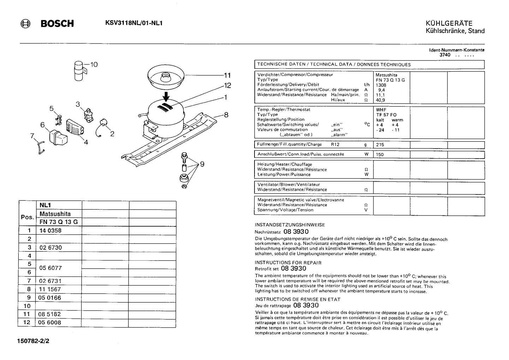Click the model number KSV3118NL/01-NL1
click(x=134, y=23)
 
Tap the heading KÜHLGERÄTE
click(x=449, y=23)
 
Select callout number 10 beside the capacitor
click(x=94, y=65)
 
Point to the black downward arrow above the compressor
click(x=166, y=96)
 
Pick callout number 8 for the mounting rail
click(x=226, y=115)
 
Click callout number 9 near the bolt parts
click(x=202, y=164)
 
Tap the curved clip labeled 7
click(x=41, y=148)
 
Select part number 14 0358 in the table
click(x=50, y=231)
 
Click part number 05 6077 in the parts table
click(x=50, y=268)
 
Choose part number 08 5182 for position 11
click(x=49, y=314)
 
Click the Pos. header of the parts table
click(x=27, y=217)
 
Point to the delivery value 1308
click(x=381, y=85)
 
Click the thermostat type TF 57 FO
click(x=386, y=115)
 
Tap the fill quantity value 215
click(x=380, y=144)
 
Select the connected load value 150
click(x=380, y=155)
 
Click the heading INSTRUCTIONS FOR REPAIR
click(x=288, y=263)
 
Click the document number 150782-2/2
click(x=33, y=341)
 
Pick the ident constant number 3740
click(x=445, y=55)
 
